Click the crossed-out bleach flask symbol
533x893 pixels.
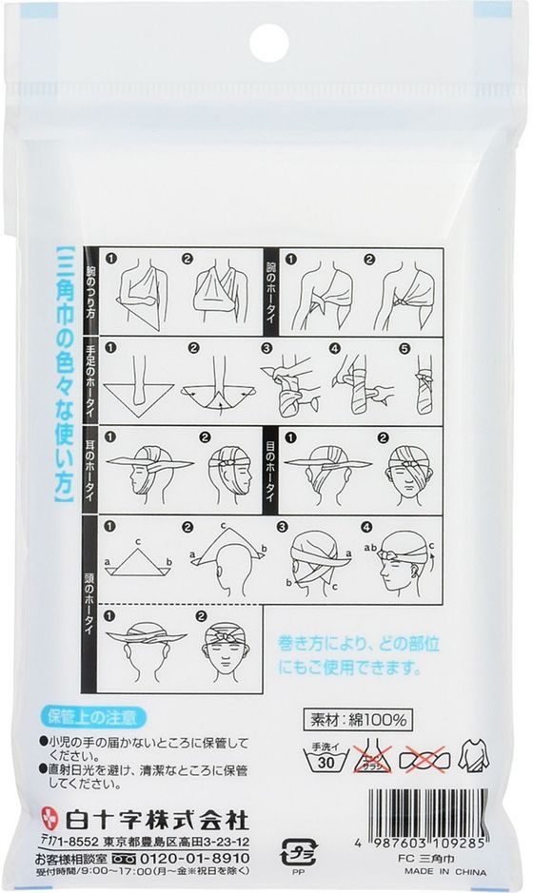pos(373,756)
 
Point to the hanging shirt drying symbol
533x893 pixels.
pos(473,756)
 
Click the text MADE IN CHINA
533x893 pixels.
pos(445,872)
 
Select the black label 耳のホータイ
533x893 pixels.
pos(89,471)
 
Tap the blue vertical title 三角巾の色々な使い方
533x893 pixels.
pos(65,376)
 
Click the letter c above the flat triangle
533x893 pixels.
pos(137,540)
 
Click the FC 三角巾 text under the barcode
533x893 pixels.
pos(428,860)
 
